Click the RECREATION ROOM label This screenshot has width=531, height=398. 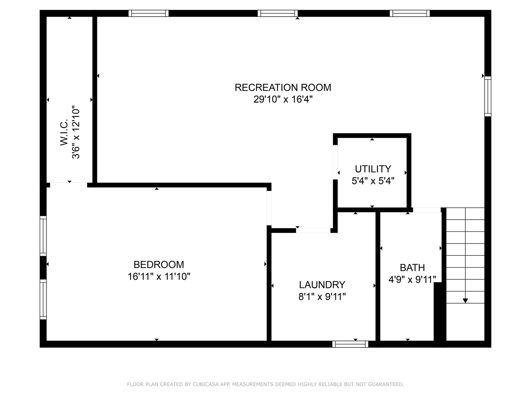(283, 87)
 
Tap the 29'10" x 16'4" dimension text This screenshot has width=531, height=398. (283, 99)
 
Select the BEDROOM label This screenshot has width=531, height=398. (159, 265)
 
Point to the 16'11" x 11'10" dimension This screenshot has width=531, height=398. (159, 276)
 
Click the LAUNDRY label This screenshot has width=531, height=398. (322, 285)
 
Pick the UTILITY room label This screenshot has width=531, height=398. (373, 169)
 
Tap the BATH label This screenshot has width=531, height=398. (412, 268)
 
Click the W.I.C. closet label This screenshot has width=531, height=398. (64, 132)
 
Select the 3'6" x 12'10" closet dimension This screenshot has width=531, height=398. (76, 132)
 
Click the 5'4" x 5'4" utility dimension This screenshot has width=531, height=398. (373, 181)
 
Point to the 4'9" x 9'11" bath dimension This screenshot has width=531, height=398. (412, 280)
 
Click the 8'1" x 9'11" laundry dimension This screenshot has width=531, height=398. (322, 297)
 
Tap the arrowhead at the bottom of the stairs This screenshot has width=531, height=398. (465, 301)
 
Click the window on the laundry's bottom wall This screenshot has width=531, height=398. (350, 344)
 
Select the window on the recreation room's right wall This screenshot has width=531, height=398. (488, 97)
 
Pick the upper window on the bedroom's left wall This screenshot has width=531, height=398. (43, 236)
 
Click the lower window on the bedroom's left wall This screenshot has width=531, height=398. (43, 299)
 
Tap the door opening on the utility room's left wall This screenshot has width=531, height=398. (335, 162)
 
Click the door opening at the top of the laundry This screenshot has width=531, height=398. (313, 231)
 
